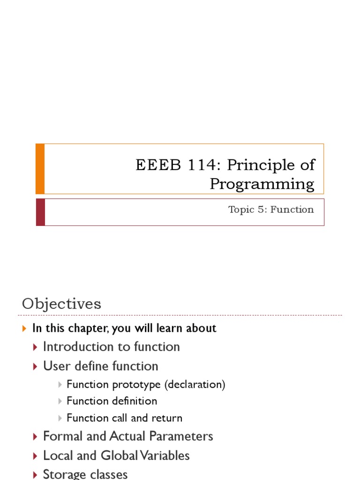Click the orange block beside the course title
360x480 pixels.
coord(40,169)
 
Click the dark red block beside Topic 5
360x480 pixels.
coord(40,212)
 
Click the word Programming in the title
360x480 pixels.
coord(262,184)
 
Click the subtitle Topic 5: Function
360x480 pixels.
coord(271,210)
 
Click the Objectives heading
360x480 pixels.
coord(61,304)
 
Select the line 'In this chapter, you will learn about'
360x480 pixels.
coord(124,328)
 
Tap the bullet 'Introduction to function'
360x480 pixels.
coord(111,347)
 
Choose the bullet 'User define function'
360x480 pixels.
coord(100,366)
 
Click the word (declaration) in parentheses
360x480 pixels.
coord(195,385)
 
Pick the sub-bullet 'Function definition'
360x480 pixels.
coord(112,401)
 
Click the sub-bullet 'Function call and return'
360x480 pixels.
coord(124,418)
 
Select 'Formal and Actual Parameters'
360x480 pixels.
coord(128,436)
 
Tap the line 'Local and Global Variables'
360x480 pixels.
coord(116,456)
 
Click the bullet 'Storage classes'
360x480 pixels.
coord(85,474)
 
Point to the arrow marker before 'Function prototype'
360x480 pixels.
coord(60,385)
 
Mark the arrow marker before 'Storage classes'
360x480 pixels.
coord(36,474)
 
